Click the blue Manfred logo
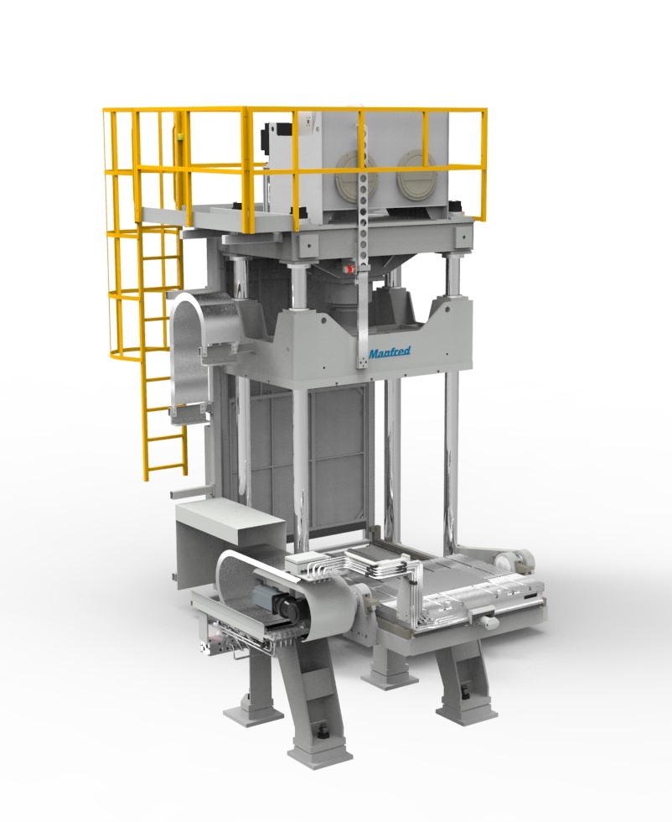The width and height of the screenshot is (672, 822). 389,352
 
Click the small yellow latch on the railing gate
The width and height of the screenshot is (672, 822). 180,138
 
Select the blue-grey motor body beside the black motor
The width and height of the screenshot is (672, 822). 266,596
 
